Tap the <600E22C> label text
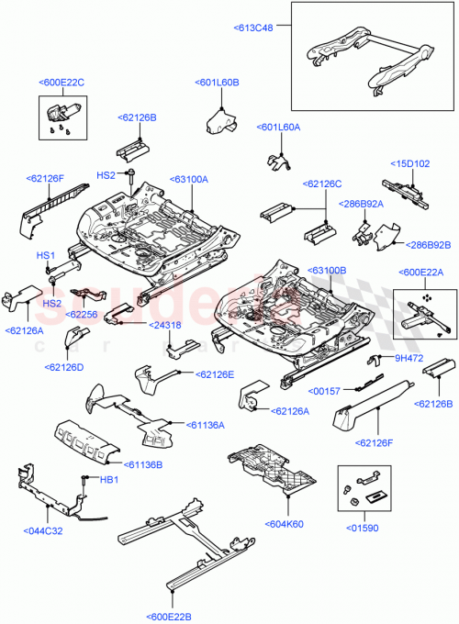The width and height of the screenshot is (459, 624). click(62, 83)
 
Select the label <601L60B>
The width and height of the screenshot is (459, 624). click(218, 83)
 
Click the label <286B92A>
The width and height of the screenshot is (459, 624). click(362, 203)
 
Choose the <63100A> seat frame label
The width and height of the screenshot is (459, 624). click(188, 180)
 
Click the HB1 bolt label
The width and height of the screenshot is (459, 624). click(109, 480)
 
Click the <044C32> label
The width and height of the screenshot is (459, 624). click(42, 529)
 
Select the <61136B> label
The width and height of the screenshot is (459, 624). click(145, 465)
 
